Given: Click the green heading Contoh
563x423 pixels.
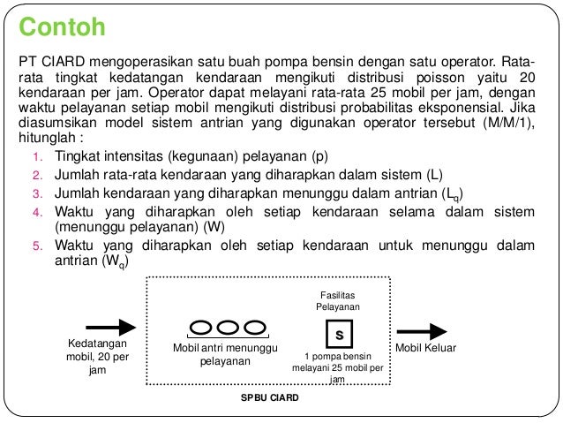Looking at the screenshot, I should pyautogui.click(x=64, y=28).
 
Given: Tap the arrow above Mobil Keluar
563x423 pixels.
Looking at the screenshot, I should pyautogui.click(x=425, y=329).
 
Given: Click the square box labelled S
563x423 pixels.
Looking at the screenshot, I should pyautogui.click(x=338, y=336).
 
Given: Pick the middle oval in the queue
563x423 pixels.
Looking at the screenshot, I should pyautogui.click(x=228, y=328).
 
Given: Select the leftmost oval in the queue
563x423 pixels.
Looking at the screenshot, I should pyautogui.click(x=201, y=328).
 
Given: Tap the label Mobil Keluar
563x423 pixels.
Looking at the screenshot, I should pyautogui.click(x=424, y=349).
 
